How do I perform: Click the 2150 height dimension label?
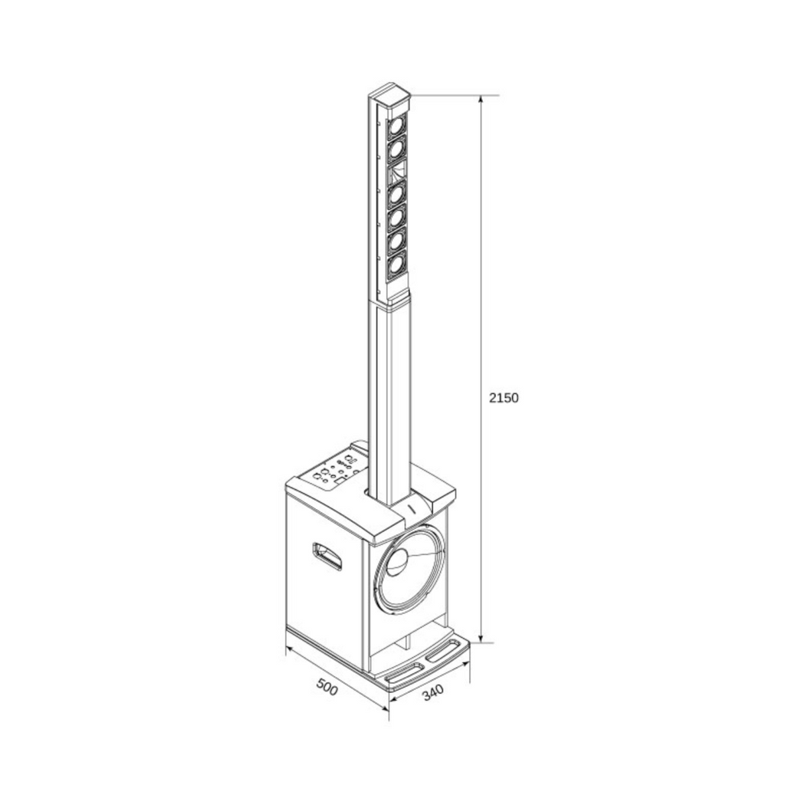(504, 398)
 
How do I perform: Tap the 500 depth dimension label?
(327, 686)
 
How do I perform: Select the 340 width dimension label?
(433, 692)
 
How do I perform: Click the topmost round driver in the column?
(396, 126)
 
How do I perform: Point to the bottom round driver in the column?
(395, 264)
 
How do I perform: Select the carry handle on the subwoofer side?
(327, 556)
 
